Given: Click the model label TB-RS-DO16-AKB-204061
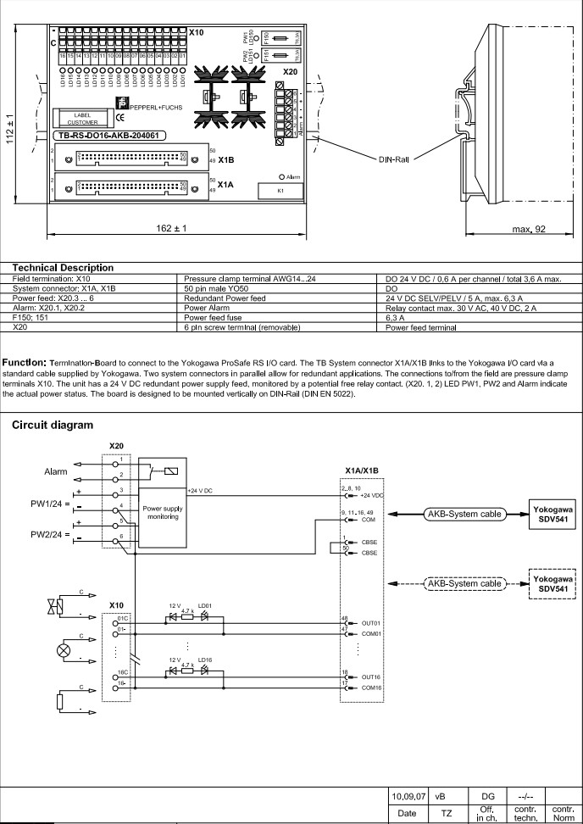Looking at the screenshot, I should pyautogui.click(x=110, y=135).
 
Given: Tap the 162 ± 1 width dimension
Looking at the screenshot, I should pyautogui.click(x=172, y=229).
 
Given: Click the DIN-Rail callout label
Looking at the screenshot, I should pyautogui.click(x=395, y=159).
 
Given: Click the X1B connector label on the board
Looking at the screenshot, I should pyautogui.click(x=226, y=159).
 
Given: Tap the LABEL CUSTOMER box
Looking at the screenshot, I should pyautogui.click(x=82, y=118).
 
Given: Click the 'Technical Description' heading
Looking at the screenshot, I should pyautogui.click(x=63, y=268).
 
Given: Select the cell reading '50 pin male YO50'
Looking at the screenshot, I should pyautogui.click(x=214, y=288).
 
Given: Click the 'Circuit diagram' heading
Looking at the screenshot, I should pyautogui.click(x=52, y=426).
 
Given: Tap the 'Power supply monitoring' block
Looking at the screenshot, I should pyautogui.click(x=162, y=511).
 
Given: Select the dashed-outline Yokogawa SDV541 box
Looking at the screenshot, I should pyautogui.click(x=553, y=584).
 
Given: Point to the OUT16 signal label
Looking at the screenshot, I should pyautogui.click(x=372, y=677).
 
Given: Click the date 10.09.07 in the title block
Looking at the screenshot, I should pyautogui.click(x=409, y=797).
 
